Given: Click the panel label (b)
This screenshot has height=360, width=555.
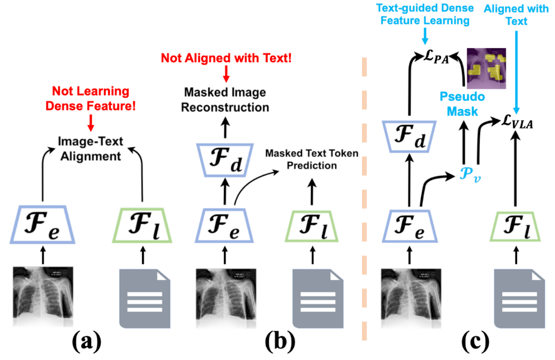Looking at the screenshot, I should click(279, 342).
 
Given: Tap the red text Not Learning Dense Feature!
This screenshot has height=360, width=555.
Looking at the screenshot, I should click(91, 98).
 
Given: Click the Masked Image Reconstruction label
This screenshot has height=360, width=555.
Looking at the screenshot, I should click(226, 101).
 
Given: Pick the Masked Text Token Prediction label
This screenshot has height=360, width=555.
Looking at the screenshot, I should click(312, 160).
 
